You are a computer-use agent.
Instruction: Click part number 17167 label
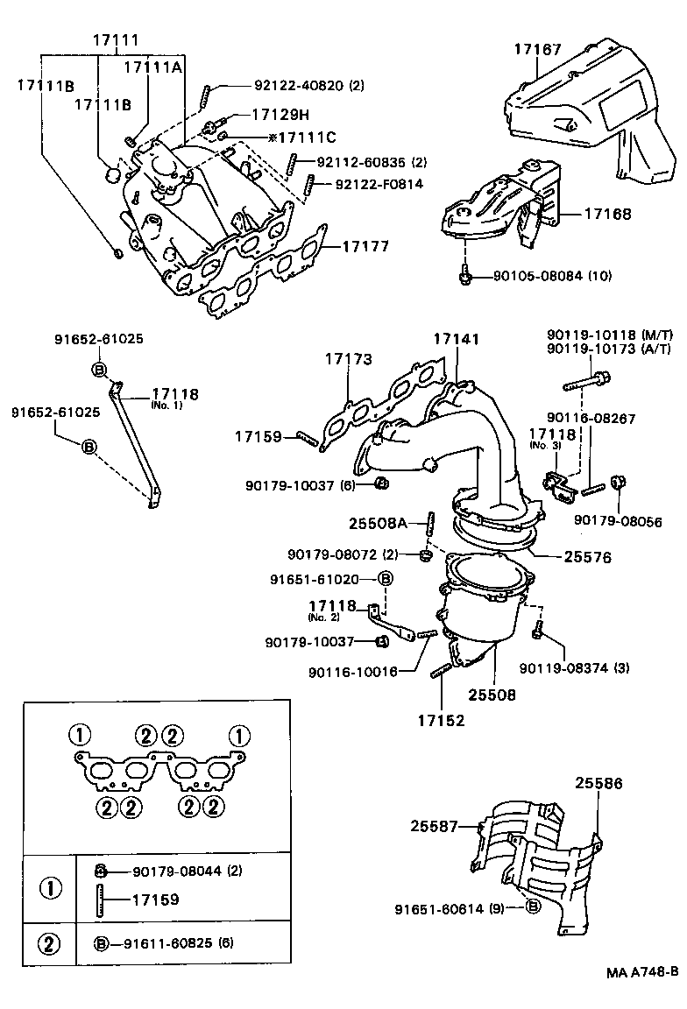tap(537, 50)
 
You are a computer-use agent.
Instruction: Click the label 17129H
tap(280, 115)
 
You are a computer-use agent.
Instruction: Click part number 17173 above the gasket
tap(349, 359)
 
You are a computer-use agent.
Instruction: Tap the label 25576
tap(588, 556)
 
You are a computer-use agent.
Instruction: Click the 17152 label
tap(441, 721)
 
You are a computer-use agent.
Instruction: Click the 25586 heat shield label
tap(598, 783)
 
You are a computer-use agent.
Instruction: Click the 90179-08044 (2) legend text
tap(187, 871)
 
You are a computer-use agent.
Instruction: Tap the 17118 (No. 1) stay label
tap(174, 396)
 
